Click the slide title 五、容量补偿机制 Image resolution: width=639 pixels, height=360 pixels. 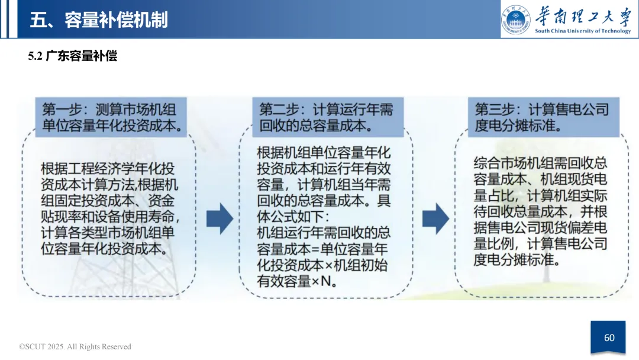(99, 20)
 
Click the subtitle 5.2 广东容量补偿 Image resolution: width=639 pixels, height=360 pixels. (73, 56)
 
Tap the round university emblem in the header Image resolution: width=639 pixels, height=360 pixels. (516, 19)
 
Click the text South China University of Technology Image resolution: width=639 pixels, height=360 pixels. (583, 31)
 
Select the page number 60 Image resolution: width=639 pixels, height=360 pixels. (609, 337)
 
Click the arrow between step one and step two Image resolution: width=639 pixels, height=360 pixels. (220, 218)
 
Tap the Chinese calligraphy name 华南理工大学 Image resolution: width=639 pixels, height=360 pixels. (583, 16)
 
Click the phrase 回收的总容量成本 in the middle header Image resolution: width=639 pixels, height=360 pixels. (314, 126)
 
